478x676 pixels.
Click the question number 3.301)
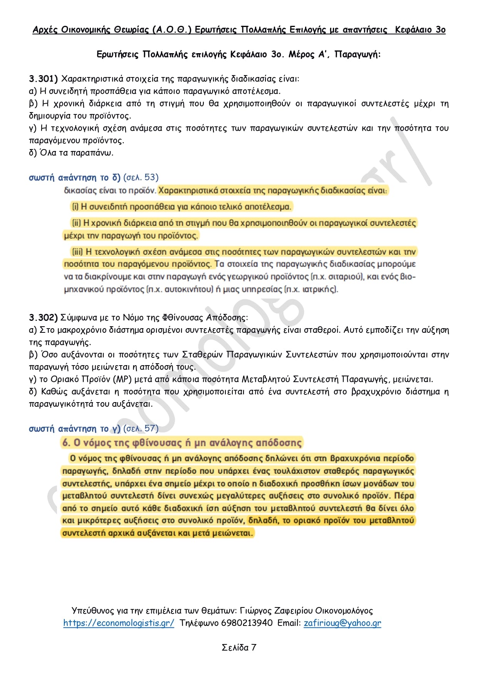(x=43, y=79)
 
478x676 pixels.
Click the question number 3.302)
(x=43, y=318)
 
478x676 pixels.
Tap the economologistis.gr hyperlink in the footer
(x=119, y=623)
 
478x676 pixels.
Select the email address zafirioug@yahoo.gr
(x=342, y=623)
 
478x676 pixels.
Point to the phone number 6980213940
(x=247, y=623)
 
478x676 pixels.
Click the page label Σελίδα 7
(x=239, y=647)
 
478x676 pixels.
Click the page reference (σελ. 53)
(x=141, y=178)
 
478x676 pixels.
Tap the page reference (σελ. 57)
(x=141, y=429)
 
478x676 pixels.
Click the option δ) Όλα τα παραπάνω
(x=71, y=153)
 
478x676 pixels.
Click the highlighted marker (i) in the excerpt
(x=75, y=207)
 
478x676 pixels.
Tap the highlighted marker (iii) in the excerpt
(x=77, y=252)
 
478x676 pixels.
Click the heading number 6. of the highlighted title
(x=67, y=443)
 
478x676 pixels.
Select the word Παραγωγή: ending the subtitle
(x=357, y=54)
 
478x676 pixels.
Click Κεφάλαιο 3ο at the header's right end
(x=420, y=30)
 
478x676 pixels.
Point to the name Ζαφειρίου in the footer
(x=293, y=611)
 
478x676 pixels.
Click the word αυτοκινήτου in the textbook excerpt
(x=189, y=289)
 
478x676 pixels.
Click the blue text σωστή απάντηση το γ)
(x=75, y=429)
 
